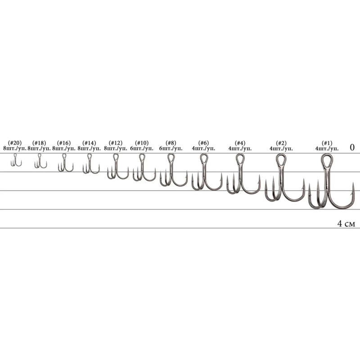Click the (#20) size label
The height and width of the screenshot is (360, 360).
point(15,143)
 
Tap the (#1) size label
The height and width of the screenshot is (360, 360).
point(327,143)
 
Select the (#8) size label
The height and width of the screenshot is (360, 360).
point(171,143)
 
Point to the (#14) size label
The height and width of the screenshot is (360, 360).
point(89,143)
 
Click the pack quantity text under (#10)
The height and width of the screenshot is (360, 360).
point(142,148)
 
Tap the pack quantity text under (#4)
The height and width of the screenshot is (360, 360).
point(240,148)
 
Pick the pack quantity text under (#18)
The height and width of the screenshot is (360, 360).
point(39,148)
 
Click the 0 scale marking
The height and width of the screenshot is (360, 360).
point(352,147)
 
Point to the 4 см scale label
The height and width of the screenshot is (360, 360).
point(346,223)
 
